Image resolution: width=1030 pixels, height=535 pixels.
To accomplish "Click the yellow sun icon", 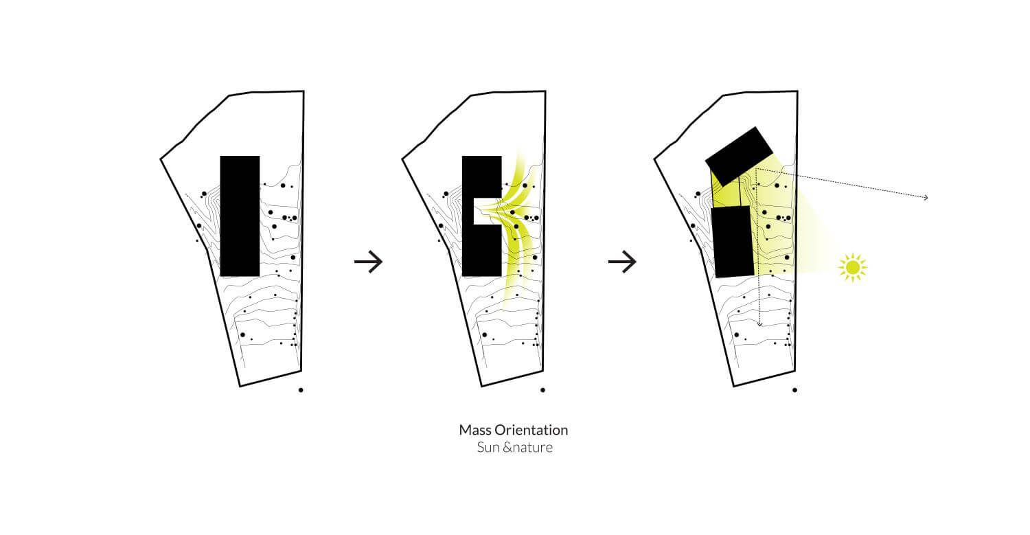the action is [853, 267].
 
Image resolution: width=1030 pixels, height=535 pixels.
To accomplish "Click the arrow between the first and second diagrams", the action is [368, 262].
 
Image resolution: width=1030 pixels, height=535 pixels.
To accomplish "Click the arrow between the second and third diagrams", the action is [622, 262].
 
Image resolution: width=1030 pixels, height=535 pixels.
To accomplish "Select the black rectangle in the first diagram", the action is [240, 216].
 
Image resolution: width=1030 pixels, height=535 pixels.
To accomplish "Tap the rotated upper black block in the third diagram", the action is [740, 157].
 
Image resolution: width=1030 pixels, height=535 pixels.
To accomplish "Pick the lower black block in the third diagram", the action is [733, 242].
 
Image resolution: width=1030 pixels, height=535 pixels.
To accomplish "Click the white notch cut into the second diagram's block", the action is [488, 211].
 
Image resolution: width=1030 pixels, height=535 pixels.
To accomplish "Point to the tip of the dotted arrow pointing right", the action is [928, 198].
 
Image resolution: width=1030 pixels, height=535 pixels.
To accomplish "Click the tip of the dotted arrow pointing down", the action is [759, 326].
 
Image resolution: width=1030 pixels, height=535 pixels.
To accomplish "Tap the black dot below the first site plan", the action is [301, 390].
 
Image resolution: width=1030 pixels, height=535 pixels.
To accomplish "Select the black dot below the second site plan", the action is [542, 390].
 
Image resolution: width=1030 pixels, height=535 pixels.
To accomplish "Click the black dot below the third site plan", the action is [794, 390].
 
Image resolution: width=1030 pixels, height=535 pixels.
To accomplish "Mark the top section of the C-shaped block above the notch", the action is [481, 177].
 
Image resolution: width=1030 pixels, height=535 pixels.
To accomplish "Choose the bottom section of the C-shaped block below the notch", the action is [481, 250].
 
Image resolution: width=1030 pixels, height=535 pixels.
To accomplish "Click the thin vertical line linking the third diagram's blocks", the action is [740, 192].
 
